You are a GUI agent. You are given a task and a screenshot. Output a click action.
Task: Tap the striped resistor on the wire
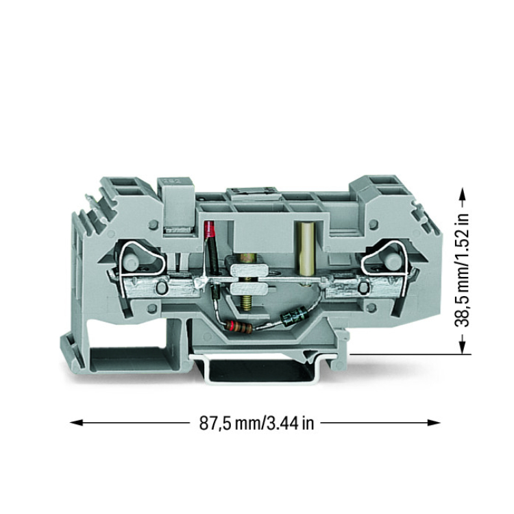[x=238, y=327]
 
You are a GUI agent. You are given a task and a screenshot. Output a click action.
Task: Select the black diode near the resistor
[x=293, y=315]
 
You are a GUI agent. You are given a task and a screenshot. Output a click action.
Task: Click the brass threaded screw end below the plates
[x=247, y=302]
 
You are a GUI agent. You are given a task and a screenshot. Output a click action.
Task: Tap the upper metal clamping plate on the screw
[x=249, y=270]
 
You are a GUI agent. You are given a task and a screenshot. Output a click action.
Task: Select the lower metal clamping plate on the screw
[x=249, y=289]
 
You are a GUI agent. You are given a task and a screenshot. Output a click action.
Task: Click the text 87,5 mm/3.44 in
[x=257, y=423]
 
